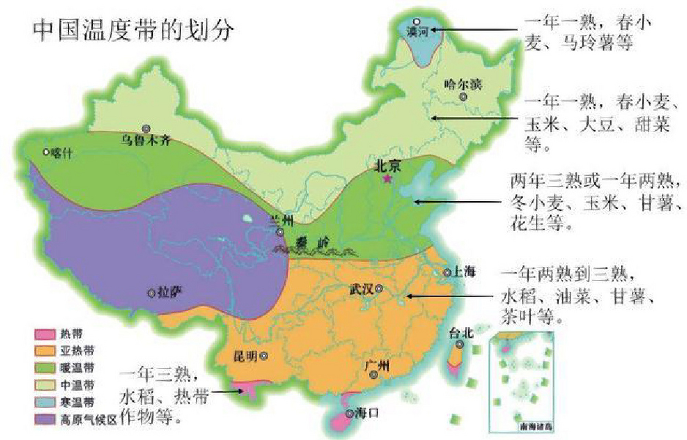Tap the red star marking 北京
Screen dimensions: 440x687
point(388,178)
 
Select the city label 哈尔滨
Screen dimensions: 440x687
point(463,85)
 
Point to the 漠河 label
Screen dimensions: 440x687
point(418,32)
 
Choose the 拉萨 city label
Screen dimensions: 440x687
point(170,293)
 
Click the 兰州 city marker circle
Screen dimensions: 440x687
point(280,232)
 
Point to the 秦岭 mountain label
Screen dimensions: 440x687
point(311,243)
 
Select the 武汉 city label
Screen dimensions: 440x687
point(361,289)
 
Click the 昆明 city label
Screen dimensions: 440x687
point(245,356)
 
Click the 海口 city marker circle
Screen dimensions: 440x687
point(350,414)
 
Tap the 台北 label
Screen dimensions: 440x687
point(461,333)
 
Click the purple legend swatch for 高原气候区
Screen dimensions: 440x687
point(45,420)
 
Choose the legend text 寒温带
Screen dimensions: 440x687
point(77,402)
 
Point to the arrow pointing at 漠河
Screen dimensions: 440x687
point(474,30)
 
